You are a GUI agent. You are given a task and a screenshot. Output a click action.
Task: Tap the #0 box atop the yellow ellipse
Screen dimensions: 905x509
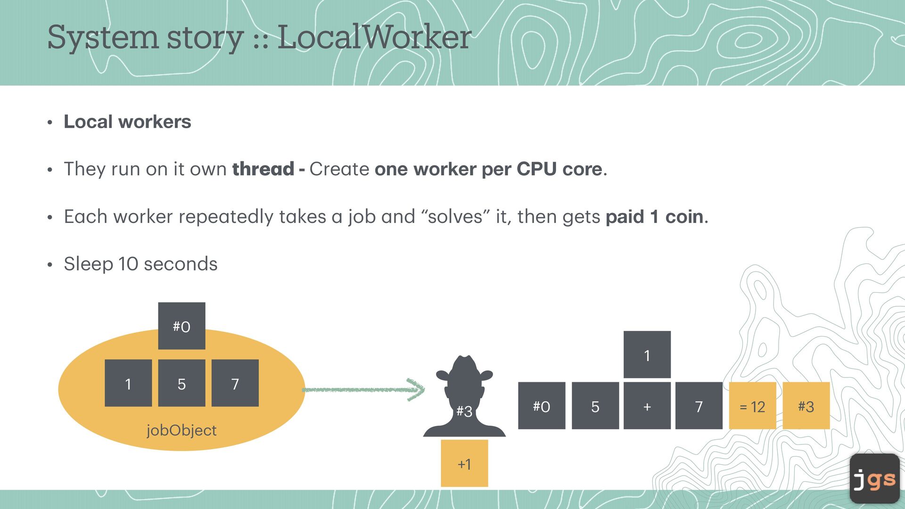181,326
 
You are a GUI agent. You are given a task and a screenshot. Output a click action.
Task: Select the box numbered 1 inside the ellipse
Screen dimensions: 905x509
128,383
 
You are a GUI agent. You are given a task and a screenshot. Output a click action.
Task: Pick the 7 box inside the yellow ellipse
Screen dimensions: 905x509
235,383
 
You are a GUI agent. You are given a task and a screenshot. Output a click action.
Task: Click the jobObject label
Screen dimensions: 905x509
181,430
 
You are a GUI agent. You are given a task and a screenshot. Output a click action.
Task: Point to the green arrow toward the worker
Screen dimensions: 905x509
363,389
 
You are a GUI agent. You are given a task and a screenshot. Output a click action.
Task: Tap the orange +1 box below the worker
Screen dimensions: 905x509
464,464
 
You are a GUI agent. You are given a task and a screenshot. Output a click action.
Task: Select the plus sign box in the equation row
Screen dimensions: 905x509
647,406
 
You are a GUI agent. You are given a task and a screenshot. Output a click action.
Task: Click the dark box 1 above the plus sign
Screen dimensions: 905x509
647,355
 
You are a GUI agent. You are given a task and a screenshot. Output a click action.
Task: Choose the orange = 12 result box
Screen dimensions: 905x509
752,406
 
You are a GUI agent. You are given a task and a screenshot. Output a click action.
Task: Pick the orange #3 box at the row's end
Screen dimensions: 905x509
806,406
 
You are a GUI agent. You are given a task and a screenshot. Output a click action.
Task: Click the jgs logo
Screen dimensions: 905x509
875,479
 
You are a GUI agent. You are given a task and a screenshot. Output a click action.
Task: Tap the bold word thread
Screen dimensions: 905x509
263,169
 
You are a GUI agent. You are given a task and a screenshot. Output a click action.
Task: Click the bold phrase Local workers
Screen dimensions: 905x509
127,122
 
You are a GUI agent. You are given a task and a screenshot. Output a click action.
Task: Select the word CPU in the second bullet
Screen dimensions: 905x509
536,169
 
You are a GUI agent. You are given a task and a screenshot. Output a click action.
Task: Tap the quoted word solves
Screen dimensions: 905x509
455,217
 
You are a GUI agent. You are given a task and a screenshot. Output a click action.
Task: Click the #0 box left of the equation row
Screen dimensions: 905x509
542,406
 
